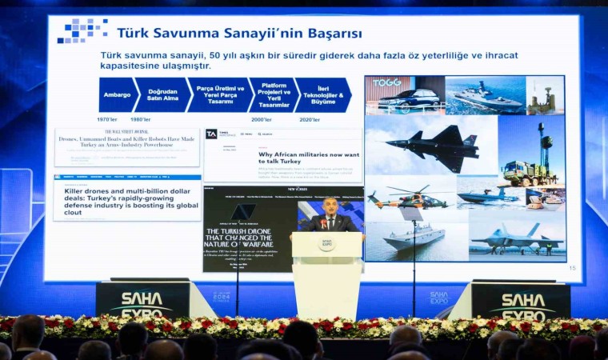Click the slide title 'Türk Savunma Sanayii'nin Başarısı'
point(239,34)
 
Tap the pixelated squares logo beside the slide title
point(82,31)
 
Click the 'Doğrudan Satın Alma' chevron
point(162,94)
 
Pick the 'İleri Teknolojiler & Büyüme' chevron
point(323,94)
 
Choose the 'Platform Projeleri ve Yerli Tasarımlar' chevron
point(273,94)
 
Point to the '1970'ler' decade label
point(107,119)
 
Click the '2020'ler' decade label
point(310,119)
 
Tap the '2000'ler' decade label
point(261,119)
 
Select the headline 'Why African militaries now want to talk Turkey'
point(308,158)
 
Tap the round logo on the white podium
point(327,243)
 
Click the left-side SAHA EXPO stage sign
point(142,302)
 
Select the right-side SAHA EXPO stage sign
point(521,302)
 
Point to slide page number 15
point(572,268)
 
